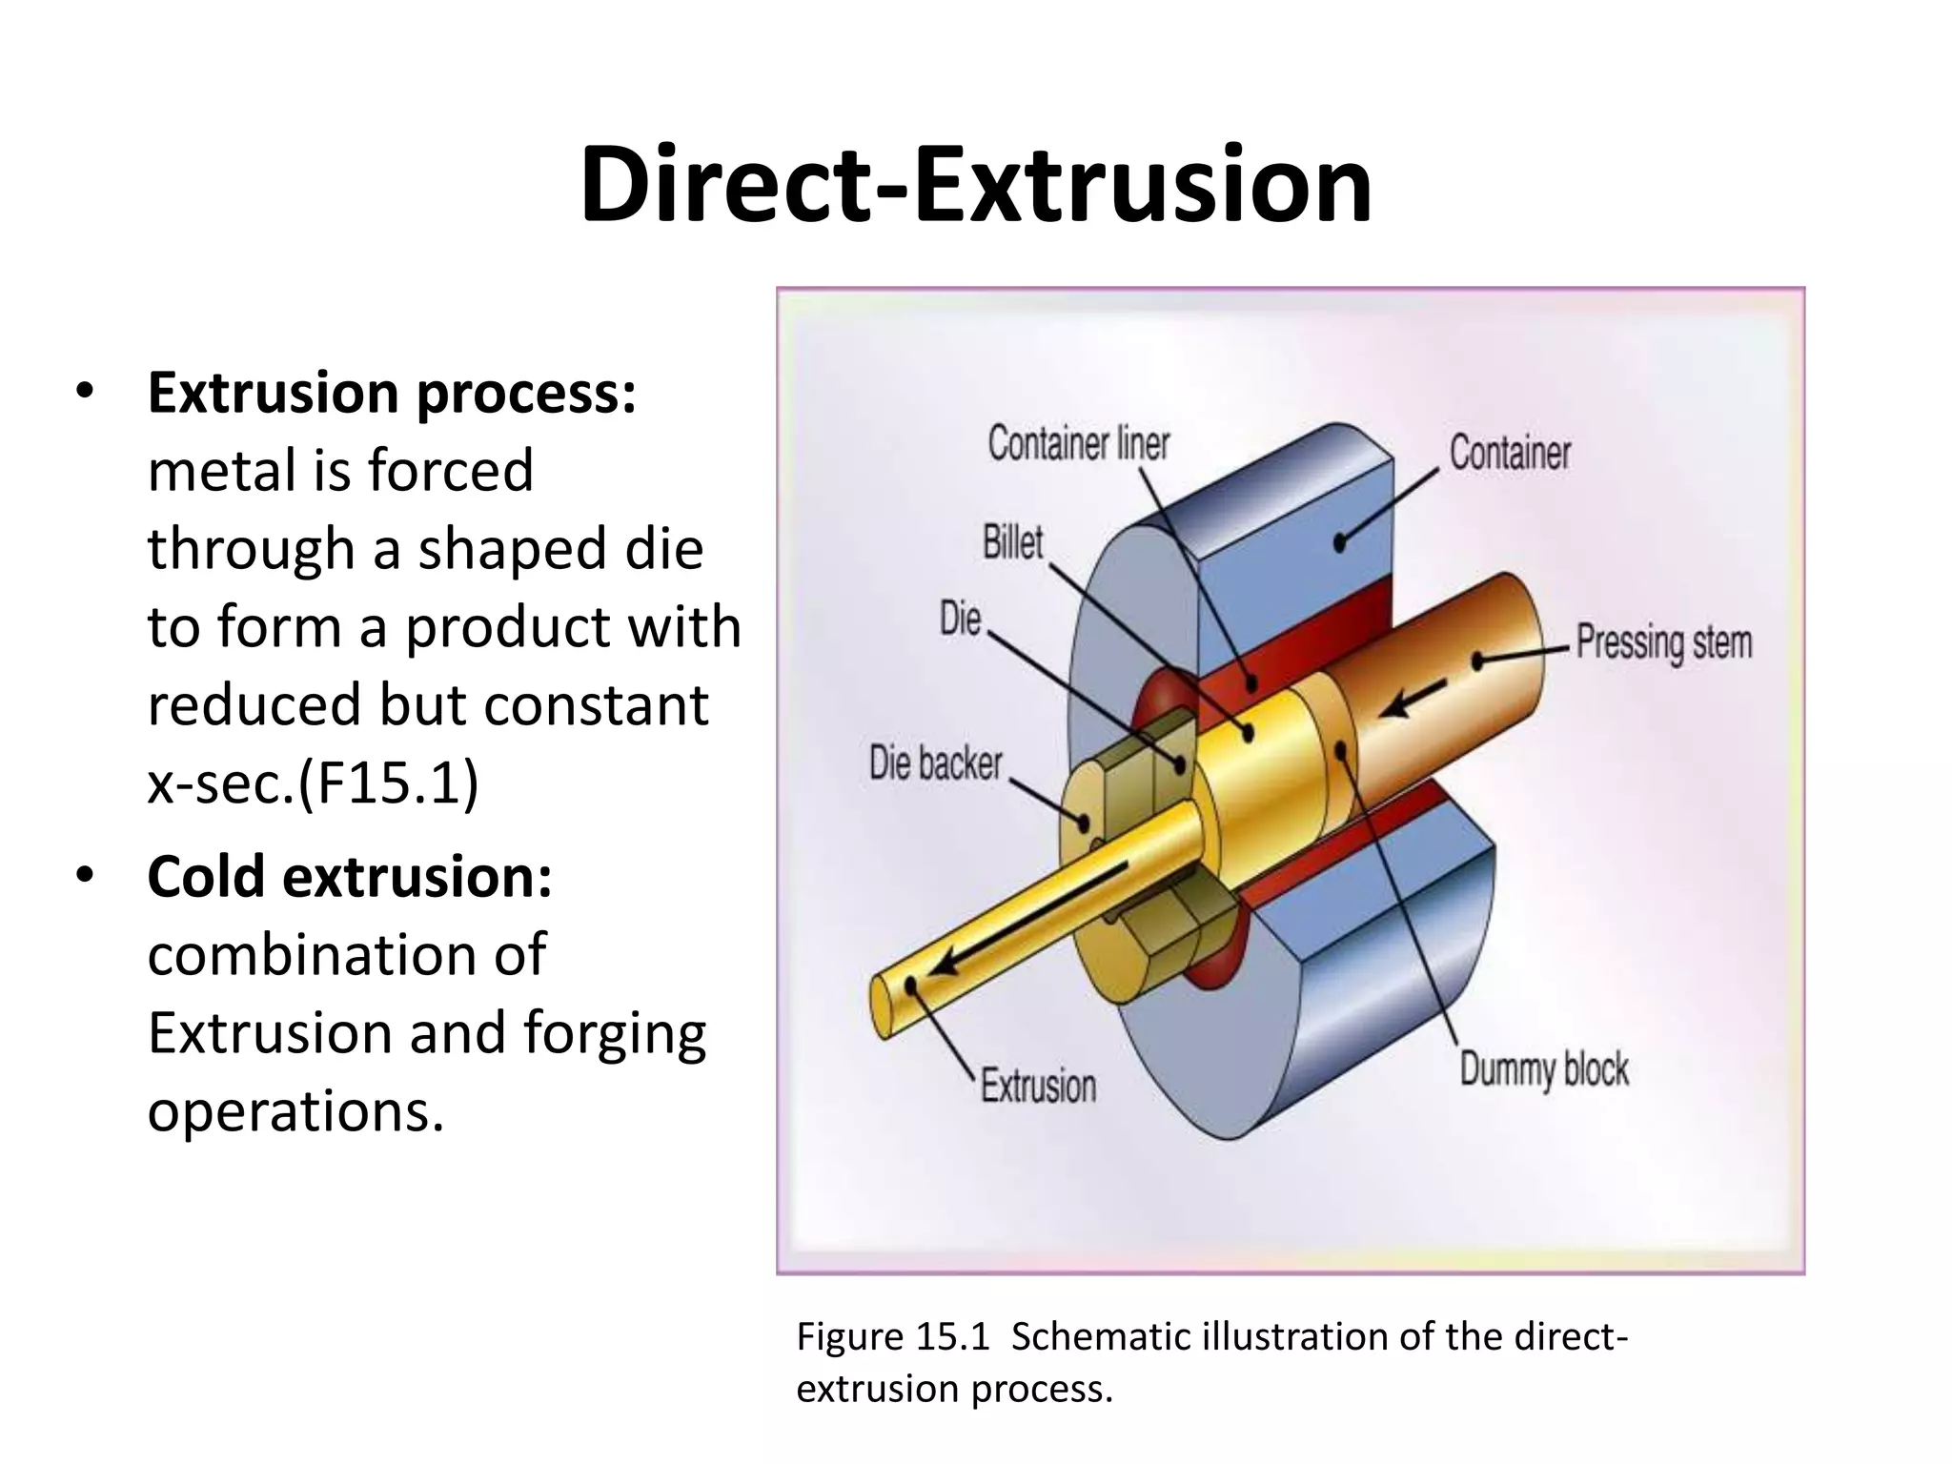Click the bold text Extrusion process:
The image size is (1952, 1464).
392,393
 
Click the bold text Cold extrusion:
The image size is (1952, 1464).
350,876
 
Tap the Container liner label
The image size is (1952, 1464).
1078,444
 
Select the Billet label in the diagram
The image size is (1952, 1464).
1012,542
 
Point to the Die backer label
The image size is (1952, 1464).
935,763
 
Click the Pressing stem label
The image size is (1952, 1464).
1663,641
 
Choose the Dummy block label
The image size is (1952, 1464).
1543,1068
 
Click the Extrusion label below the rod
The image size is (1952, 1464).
1038,1086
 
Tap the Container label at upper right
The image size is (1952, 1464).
1510,453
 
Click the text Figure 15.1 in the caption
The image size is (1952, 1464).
893,1336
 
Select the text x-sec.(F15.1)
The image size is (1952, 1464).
313,783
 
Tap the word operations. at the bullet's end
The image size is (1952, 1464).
295,1110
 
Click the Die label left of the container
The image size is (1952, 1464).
960,619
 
